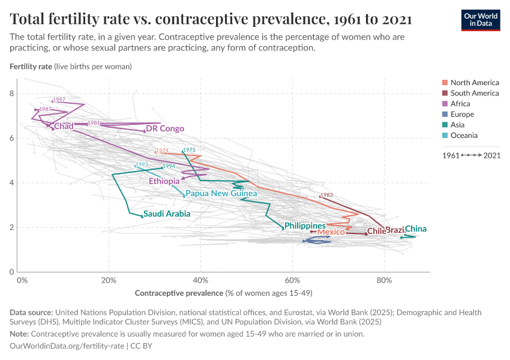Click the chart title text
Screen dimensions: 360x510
coord(211,19)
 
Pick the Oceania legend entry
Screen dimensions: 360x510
coord(464,136)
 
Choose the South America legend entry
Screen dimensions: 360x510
coord(475,93)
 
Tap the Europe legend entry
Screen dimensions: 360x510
coord(462,114)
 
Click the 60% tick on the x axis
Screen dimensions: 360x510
coord(292,280)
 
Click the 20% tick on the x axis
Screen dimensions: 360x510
coord(109,280)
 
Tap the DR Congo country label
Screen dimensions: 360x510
coord(165,129)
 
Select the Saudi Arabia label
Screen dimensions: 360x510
coord(167,214)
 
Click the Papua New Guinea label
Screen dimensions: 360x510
coord(221,194)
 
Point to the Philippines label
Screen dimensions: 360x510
coord(305,226)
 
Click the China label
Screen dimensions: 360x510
coord(416,229)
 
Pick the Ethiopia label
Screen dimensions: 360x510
coord(164,181)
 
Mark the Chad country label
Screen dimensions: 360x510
coord(64,126)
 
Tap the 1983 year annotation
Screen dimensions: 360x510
coord(326,195)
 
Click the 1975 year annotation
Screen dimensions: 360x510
coord(190,150)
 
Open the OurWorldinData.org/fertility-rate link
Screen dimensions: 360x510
coord(67,346)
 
